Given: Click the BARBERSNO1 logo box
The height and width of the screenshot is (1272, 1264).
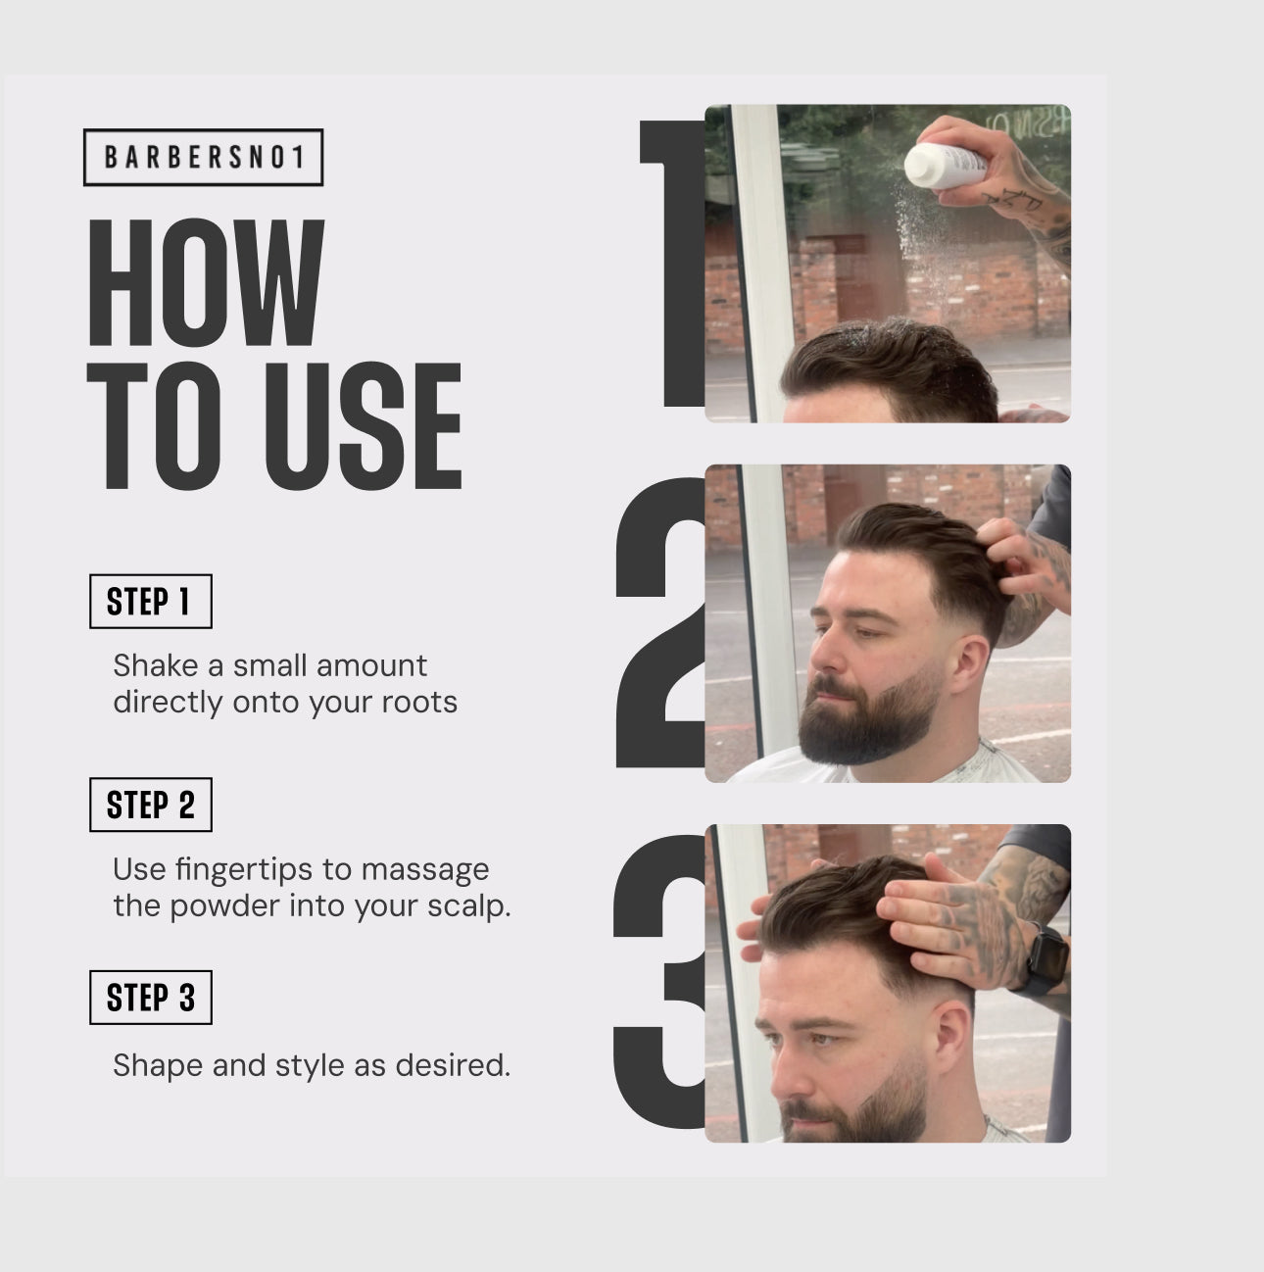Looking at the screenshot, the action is [203, 157].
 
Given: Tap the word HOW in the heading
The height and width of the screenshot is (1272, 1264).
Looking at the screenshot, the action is [207, 282].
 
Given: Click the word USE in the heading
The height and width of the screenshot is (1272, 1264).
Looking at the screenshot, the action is [363, 425].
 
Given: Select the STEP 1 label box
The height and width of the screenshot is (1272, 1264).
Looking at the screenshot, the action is [151, 602].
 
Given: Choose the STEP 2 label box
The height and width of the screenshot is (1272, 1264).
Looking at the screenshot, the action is [151, 805].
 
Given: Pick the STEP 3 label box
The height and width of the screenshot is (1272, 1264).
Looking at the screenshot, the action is [151, 998].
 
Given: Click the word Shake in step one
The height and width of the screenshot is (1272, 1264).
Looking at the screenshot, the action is [155, 665].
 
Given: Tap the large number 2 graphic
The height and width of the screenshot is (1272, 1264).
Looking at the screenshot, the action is [660, 622].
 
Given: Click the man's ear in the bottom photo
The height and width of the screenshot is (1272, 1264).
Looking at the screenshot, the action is [951, 1038].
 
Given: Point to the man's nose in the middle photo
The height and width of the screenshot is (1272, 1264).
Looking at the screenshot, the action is [820, 655].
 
